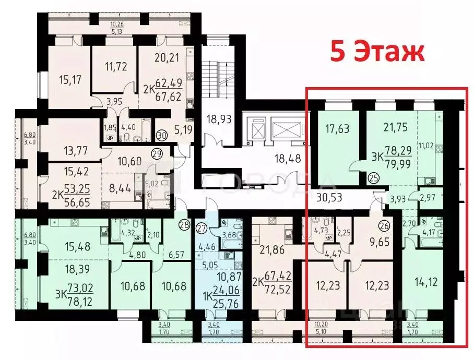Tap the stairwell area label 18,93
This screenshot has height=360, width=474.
pos(218,119)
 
